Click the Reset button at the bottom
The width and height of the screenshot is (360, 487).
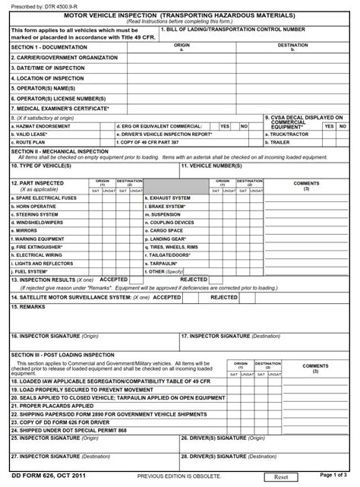(280, 476)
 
